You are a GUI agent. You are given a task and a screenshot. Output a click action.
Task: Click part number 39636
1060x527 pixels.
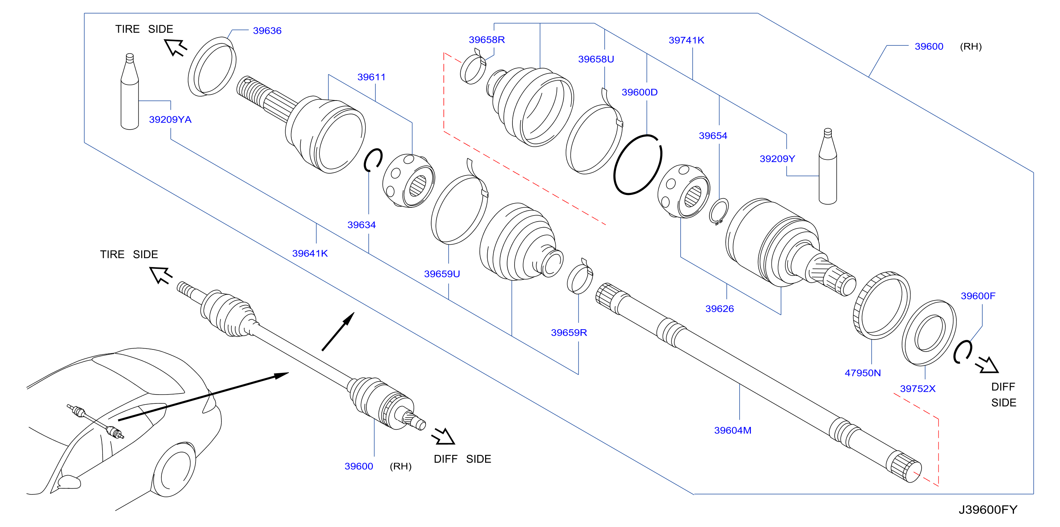(x=267, y=31)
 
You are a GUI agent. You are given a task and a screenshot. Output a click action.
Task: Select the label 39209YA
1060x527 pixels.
(x=170, y=120)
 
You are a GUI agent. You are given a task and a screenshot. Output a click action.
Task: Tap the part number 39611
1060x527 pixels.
(x=371, y=77)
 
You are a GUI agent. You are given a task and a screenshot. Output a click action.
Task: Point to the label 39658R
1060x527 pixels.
(x=487, y=40)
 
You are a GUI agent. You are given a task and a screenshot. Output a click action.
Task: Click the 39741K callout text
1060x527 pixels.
(x=686, y=40)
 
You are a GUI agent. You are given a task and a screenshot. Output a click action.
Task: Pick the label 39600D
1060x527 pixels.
(x=639, y=92)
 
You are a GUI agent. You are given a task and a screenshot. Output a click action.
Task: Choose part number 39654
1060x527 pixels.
(x=713, y=136)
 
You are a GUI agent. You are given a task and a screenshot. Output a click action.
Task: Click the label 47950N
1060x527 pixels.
(x=862, y=373)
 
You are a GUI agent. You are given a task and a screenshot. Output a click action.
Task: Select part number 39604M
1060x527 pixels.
(x=732, y=431)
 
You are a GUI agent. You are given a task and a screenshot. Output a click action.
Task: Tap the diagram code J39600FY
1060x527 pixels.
(x=988, y=510)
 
